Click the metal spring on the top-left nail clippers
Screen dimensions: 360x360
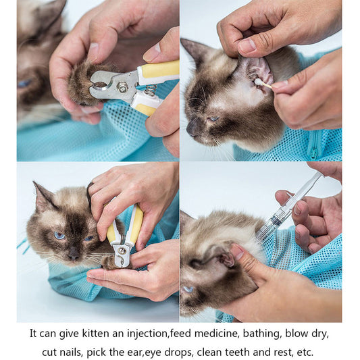(x=150, y=89)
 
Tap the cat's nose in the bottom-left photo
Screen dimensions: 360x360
(x=73, y=255)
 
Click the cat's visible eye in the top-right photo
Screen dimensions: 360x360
(x=213, y=118)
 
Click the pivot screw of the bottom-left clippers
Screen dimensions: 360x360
(x=122, y=251)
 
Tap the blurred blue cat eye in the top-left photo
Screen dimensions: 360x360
(x=25, y=83)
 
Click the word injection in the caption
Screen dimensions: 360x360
(x=143, y=333)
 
